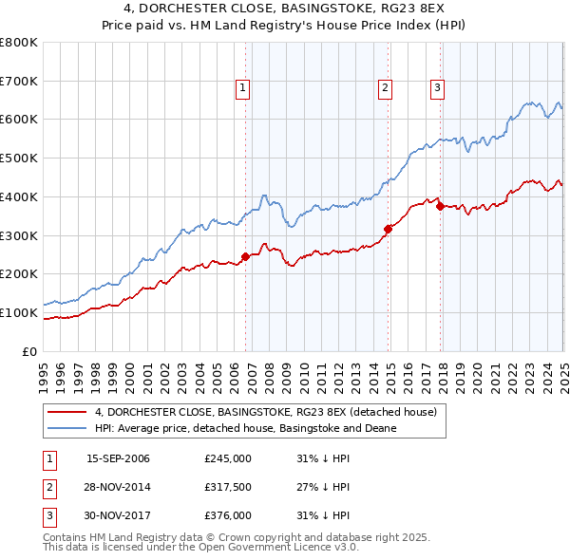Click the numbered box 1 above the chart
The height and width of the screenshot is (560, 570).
[x=243, y=88]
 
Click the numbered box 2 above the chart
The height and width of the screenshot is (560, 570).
[x=386, y=88]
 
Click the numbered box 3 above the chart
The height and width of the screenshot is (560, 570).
[x=438, y=88]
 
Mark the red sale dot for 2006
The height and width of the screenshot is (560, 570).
[x=245, y=256]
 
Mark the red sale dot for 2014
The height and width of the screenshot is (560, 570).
[x=388, y=228]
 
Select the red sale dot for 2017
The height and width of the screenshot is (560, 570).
[x=440, y=206]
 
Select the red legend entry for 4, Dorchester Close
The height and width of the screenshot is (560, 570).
[x=265, y=412]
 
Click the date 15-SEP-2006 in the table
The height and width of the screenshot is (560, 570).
[x=118, y=459]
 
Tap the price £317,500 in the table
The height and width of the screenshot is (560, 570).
[x=228, y=487]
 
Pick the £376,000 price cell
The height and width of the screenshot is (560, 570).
[x=228, y=515]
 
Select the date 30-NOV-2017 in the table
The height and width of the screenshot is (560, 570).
[x=118, y=515]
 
